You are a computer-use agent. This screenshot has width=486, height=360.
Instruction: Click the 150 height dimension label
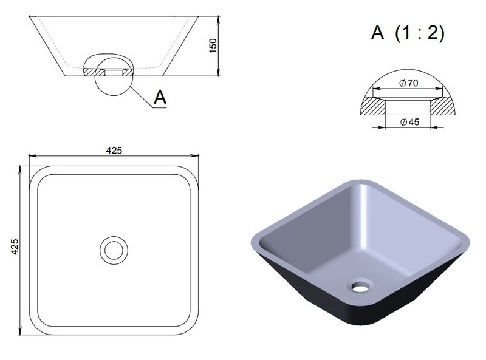[x=213, y=46]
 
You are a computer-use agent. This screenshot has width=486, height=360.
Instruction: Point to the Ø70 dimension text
[x=409, y=83]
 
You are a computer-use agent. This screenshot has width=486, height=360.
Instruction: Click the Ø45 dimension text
[x=409, y=122]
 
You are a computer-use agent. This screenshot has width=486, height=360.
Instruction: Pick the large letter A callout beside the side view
[x=160, y=97]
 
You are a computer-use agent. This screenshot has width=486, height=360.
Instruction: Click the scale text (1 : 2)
[x=420, y=33]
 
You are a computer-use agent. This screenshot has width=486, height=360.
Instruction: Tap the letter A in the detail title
[x=377, y=32]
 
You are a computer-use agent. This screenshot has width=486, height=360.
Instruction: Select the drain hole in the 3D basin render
[x=360, y=286]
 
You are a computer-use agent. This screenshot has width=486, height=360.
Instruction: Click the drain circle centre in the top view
[x=114, y=250]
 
